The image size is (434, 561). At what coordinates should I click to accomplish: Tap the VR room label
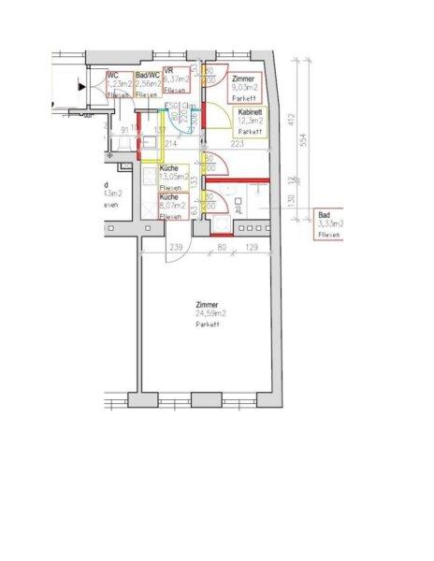pyautogui.click(x=167, y=71)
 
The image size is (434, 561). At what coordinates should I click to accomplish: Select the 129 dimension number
pyautogui.click(x=251, y=248)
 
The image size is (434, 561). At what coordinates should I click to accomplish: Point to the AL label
pyautogui.click(x=239, y=211)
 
